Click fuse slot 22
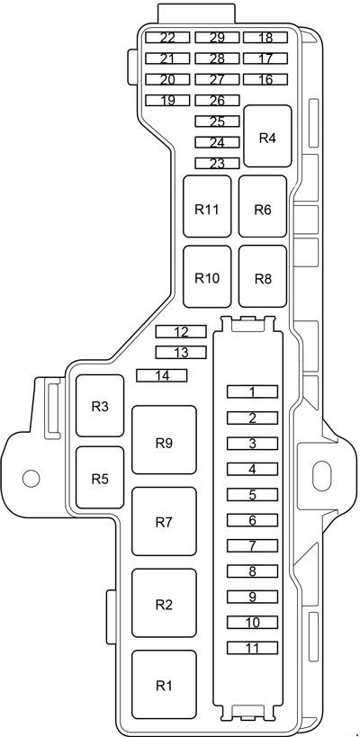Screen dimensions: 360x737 [167, 38]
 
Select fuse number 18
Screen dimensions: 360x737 [265, 38]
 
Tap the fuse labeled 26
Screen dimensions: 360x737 [217, 100]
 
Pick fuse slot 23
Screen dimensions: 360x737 [217, 163]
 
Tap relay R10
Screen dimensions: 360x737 [207, 276]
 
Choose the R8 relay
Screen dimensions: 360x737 [263, 276]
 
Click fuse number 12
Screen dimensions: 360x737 [181, 332]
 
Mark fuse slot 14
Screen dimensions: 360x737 [162, 375]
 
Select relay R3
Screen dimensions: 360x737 [100, 406]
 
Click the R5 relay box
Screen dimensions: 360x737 [100, 478]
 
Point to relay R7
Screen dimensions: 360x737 [164, 521]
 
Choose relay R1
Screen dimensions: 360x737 [164, 685]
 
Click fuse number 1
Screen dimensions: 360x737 [252, 391]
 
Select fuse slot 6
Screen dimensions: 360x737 [252, 520]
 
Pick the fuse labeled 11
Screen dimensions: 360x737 [252, 648]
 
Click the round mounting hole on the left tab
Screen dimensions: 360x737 [31, 479]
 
